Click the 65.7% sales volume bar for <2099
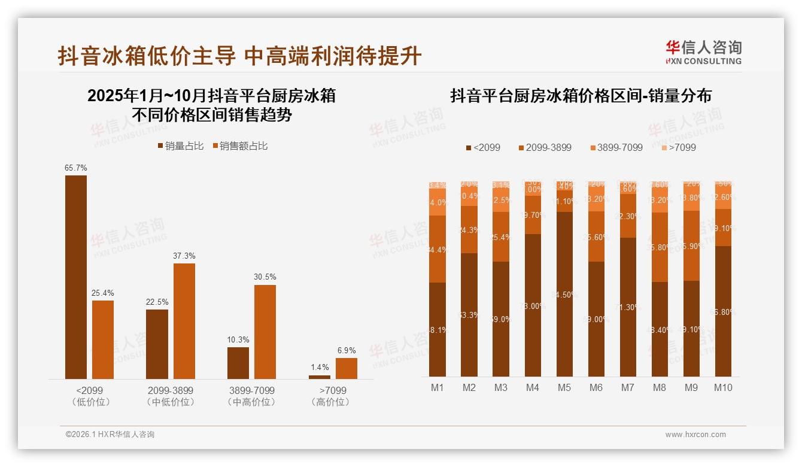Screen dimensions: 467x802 click(x=76, y=277)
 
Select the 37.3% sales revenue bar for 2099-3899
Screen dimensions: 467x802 click(x=184, y=321)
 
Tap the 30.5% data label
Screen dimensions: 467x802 click(x=265, y=277)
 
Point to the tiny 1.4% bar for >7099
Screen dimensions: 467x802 click(x=319, y=377)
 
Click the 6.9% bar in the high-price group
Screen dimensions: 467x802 click(x=346, y=368)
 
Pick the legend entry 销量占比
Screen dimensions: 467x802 click(x=180, y=145)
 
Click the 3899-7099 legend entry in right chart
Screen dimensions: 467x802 click(x=616, y=147)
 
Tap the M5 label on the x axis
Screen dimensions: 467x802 click(x=564, y=387)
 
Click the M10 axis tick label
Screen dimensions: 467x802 click(x=723, y=387)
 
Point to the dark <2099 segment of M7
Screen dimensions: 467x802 click(x=628, y=307)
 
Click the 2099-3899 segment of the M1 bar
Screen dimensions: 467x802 click(x=438, y=248)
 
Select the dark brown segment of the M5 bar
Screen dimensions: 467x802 click(x=564, y=293)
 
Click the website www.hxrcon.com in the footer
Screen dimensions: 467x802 click(x=695, y=435)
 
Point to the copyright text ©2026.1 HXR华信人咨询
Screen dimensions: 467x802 click(x=110, y=435)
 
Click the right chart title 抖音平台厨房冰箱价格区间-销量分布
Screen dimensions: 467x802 click(x=581, y=96)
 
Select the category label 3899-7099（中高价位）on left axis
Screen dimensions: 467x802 click(x=251, y=396)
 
